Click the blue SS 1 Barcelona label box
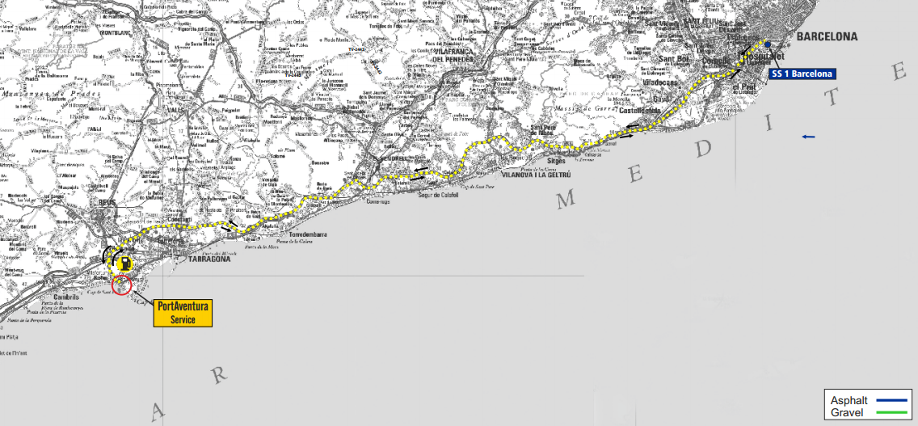(802, 74)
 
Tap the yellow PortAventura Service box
(183, 313)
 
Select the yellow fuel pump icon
(124, 263)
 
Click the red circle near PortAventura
(122, 285)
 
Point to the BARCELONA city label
(827, 37)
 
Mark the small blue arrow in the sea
(808, 137)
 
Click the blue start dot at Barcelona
(768, 44)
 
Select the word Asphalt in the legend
(849, 401)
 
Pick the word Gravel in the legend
(845, 413)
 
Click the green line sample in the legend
(891, 413)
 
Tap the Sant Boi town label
(674, 59)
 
